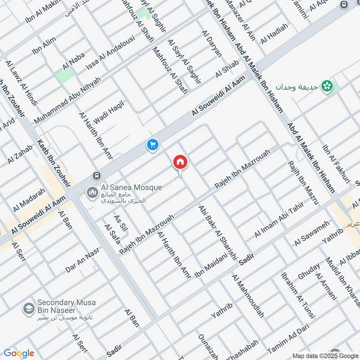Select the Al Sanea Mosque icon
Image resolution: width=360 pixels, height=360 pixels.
[92, 193]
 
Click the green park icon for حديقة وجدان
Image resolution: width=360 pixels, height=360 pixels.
[327, 85]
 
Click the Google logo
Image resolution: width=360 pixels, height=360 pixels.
[18, 353]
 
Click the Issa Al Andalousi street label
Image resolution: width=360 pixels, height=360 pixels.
[111, 53]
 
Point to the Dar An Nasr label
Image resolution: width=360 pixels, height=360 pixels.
[82, 260]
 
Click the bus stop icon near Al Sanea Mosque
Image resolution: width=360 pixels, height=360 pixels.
[96, 175]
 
